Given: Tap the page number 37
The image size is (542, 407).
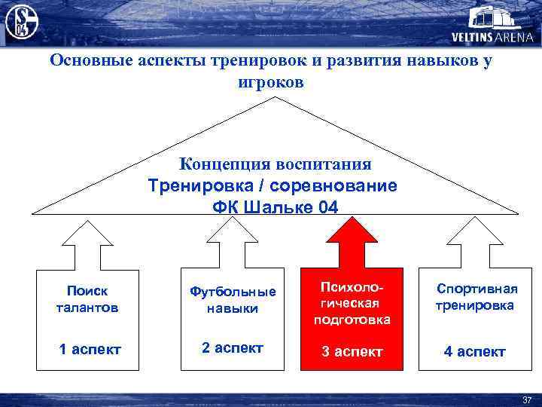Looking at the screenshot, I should tap(526, 399).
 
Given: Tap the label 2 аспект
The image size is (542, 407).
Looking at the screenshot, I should tap(233, 347).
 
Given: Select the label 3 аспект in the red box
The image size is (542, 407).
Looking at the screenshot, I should tap(352, 351).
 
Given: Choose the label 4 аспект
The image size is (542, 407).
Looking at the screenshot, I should tap(474, 351).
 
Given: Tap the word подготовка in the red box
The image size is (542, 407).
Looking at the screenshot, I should tap(352, 320).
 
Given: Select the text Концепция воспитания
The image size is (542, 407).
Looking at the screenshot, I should tap(275, 164).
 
